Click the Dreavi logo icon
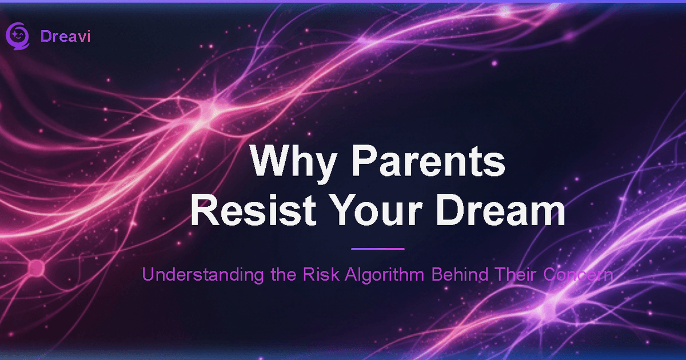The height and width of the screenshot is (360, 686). click(17, 35)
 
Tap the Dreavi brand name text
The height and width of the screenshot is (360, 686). click(66, 36)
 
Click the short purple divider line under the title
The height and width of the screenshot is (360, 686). click(377, 249)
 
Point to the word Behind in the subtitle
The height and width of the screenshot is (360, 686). click(460, 275)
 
